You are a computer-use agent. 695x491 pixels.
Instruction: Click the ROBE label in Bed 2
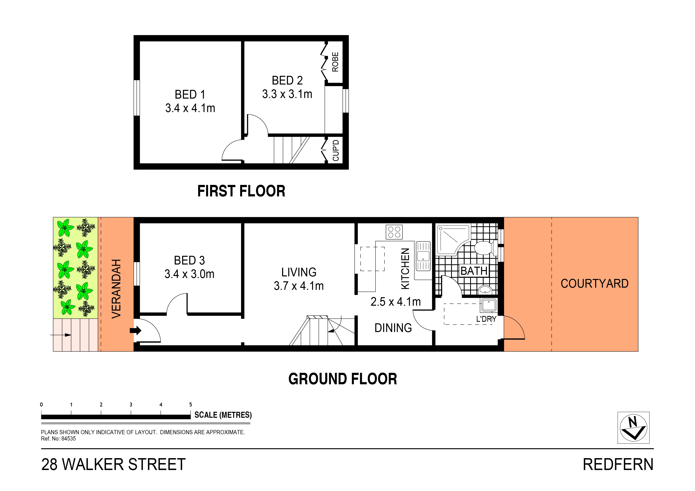(x=335, y=62)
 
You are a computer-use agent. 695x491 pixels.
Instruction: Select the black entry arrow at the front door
(x=135, y=330)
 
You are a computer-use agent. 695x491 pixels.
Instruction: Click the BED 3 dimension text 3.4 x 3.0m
(x=189, y=274)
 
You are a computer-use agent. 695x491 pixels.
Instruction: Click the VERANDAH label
(x=116, y=289)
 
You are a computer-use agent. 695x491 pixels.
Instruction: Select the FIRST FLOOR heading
(x=241, y=191)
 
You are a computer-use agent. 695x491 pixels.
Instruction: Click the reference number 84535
(x=68, y=439)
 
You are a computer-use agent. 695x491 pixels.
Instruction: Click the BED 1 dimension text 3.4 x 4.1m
(x=190, y=108)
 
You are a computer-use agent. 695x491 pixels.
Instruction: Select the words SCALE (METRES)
(x=223, y=415)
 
